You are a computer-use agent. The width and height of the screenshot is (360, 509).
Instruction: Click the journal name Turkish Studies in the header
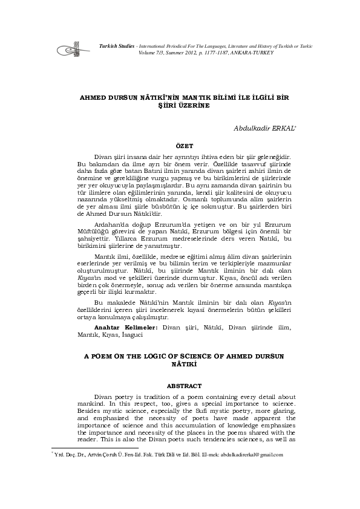click(x=115, y=46)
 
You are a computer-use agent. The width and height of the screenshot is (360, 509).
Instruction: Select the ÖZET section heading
click(x=185, y=146)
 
